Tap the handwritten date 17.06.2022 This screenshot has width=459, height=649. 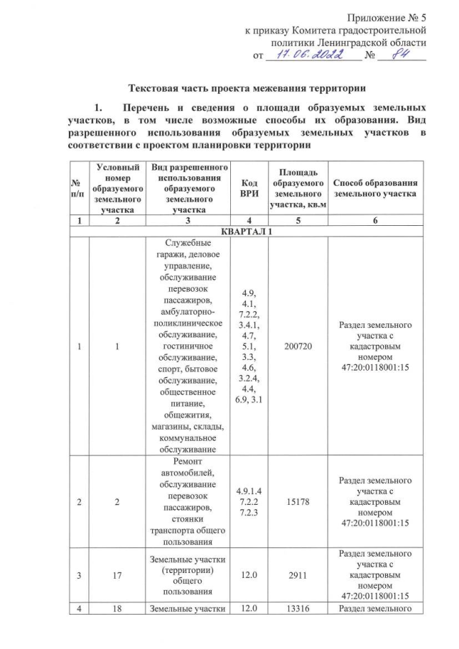(315, 55)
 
